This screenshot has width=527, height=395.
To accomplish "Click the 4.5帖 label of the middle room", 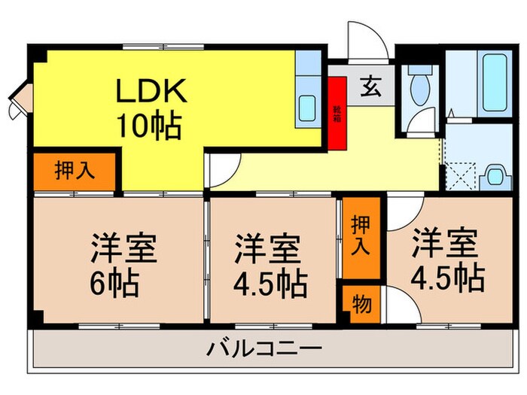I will point(271,283).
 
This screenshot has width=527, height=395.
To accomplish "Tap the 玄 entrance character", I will point(370,86).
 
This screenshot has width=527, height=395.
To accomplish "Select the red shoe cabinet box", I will point(337,114).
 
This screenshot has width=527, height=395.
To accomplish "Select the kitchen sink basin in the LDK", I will point(307,108).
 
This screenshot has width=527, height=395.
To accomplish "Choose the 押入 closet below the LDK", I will point(75,171).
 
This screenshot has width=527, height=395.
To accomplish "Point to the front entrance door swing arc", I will point(367,41).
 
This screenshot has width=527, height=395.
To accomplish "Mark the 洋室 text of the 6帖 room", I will point(124,248).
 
